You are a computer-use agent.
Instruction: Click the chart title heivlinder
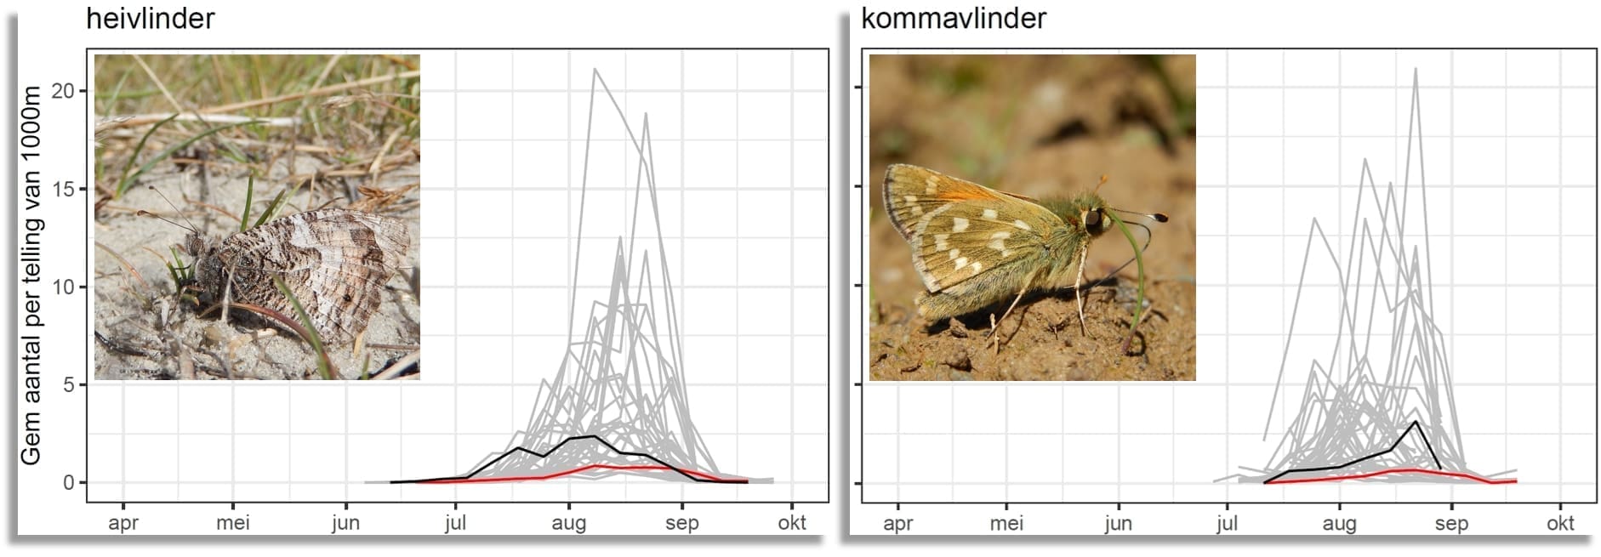tap(151, 19)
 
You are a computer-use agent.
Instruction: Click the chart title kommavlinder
tap(953, 19)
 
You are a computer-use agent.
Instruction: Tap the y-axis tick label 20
tap(63, 91)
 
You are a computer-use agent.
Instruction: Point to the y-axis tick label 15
tap(63, 189)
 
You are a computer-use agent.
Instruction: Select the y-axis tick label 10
tap(63, 287)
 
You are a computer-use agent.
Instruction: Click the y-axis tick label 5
tap(69, 384)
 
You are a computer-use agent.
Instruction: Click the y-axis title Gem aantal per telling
tap(31, 276)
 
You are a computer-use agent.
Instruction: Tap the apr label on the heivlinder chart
tap(123, 522)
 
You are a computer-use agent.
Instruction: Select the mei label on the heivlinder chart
tap(233, 522)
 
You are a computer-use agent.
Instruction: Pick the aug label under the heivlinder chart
tap(568, 522)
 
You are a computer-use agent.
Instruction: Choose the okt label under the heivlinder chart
tap(792, 522)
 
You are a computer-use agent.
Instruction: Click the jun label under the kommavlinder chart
tap(1118, 522)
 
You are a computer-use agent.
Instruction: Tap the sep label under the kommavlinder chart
tap(1451, 522)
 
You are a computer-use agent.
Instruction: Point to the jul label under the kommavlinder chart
tap(1227, 522)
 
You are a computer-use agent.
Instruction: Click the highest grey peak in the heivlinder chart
tap(595, 70)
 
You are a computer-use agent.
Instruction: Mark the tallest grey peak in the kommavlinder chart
tap(1416, 70)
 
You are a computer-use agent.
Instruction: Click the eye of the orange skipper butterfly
tap(1092, 221)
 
